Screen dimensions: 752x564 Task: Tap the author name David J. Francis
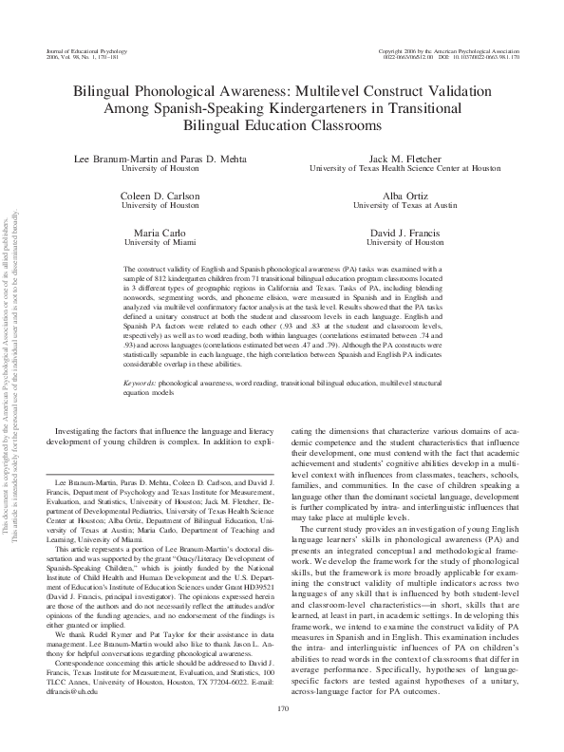click(405, 232)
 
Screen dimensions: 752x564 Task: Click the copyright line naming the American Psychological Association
click(446, 48)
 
